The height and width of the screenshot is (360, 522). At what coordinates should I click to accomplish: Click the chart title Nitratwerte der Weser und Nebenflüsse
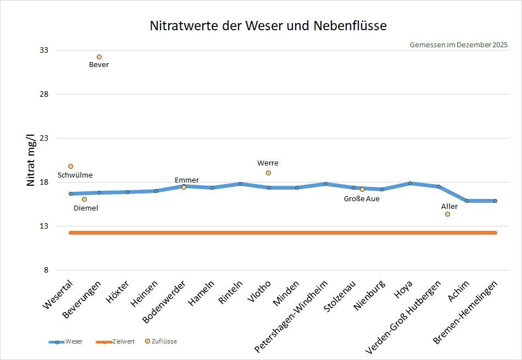pos(268,26)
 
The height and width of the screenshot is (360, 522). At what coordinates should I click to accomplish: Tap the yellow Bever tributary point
pos(99,57)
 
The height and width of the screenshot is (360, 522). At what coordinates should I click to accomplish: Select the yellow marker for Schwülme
pos(70,166)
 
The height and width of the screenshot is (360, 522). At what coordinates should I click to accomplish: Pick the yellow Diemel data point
pos(84,199)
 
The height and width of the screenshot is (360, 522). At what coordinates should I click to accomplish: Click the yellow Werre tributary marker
pos(268,173)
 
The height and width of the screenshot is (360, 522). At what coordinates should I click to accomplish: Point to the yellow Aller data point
pos(447,214)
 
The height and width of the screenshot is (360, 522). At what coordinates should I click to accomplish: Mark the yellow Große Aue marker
pos(362,190)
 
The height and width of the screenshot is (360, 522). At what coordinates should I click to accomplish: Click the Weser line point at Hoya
pos(410,183)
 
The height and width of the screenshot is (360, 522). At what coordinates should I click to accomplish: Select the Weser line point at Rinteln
pos(240,184)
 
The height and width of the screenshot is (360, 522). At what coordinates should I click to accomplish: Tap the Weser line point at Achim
pos(467,201)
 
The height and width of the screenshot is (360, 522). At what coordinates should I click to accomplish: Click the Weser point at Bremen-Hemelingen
pos(496,201)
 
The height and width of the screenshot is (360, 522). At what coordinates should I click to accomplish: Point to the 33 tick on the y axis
pos(44,50)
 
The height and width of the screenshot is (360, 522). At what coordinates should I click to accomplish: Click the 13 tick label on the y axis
pos(44,226)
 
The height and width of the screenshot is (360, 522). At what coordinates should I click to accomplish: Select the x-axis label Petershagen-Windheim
pos(291,316)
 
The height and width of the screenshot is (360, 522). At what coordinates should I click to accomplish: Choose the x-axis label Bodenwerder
pos(163,302)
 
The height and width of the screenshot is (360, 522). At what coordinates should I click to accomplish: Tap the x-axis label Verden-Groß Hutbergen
pos(403,317)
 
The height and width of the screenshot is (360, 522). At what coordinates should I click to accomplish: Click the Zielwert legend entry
pos(115,342)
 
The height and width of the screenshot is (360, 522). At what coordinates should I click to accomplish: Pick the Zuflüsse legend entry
pos(161,341)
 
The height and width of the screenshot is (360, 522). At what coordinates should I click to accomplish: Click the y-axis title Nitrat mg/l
pos(31,160)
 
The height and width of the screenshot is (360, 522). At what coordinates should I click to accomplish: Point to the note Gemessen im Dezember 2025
pos(459,45)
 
